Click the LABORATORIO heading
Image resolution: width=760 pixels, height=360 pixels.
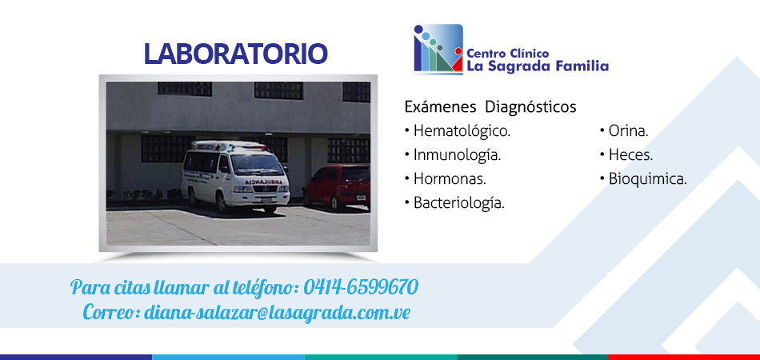[235, 54]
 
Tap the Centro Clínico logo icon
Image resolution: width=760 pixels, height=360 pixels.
[438, 49]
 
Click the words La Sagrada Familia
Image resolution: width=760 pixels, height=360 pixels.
[538, 66]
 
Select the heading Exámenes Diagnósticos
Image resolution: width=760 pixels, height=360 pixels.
[490, 106]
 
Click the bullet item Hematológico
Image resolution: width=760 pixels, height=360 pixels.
[457, 131]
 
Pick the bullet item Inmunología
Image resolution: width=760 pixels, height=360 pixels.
[452, 155]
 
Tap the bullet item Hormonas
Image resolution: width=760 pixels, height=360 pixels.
[445, 178]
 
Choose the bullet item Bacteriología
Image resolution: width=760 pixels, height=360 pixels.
[454, 203]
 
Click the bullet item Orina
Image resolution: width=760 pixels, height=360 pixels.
[624, 131]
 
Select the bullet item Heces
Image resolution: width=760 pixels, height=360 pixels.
[626, 155]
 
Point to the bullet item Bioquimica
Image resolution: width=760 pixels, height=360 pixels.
[643, 178]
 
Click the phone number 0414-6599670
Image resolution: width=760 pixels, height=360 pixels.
[361, 287]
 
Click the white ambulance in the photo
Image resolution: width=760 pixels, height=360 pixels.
[235, 176]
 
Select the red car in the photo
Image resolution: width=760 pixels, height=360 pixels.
[337, 187]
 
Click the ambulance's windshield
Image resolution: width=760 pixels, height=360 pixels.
[257, 165]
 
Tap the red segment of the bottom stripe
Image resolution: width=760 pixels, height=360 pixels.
[684, 357]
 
